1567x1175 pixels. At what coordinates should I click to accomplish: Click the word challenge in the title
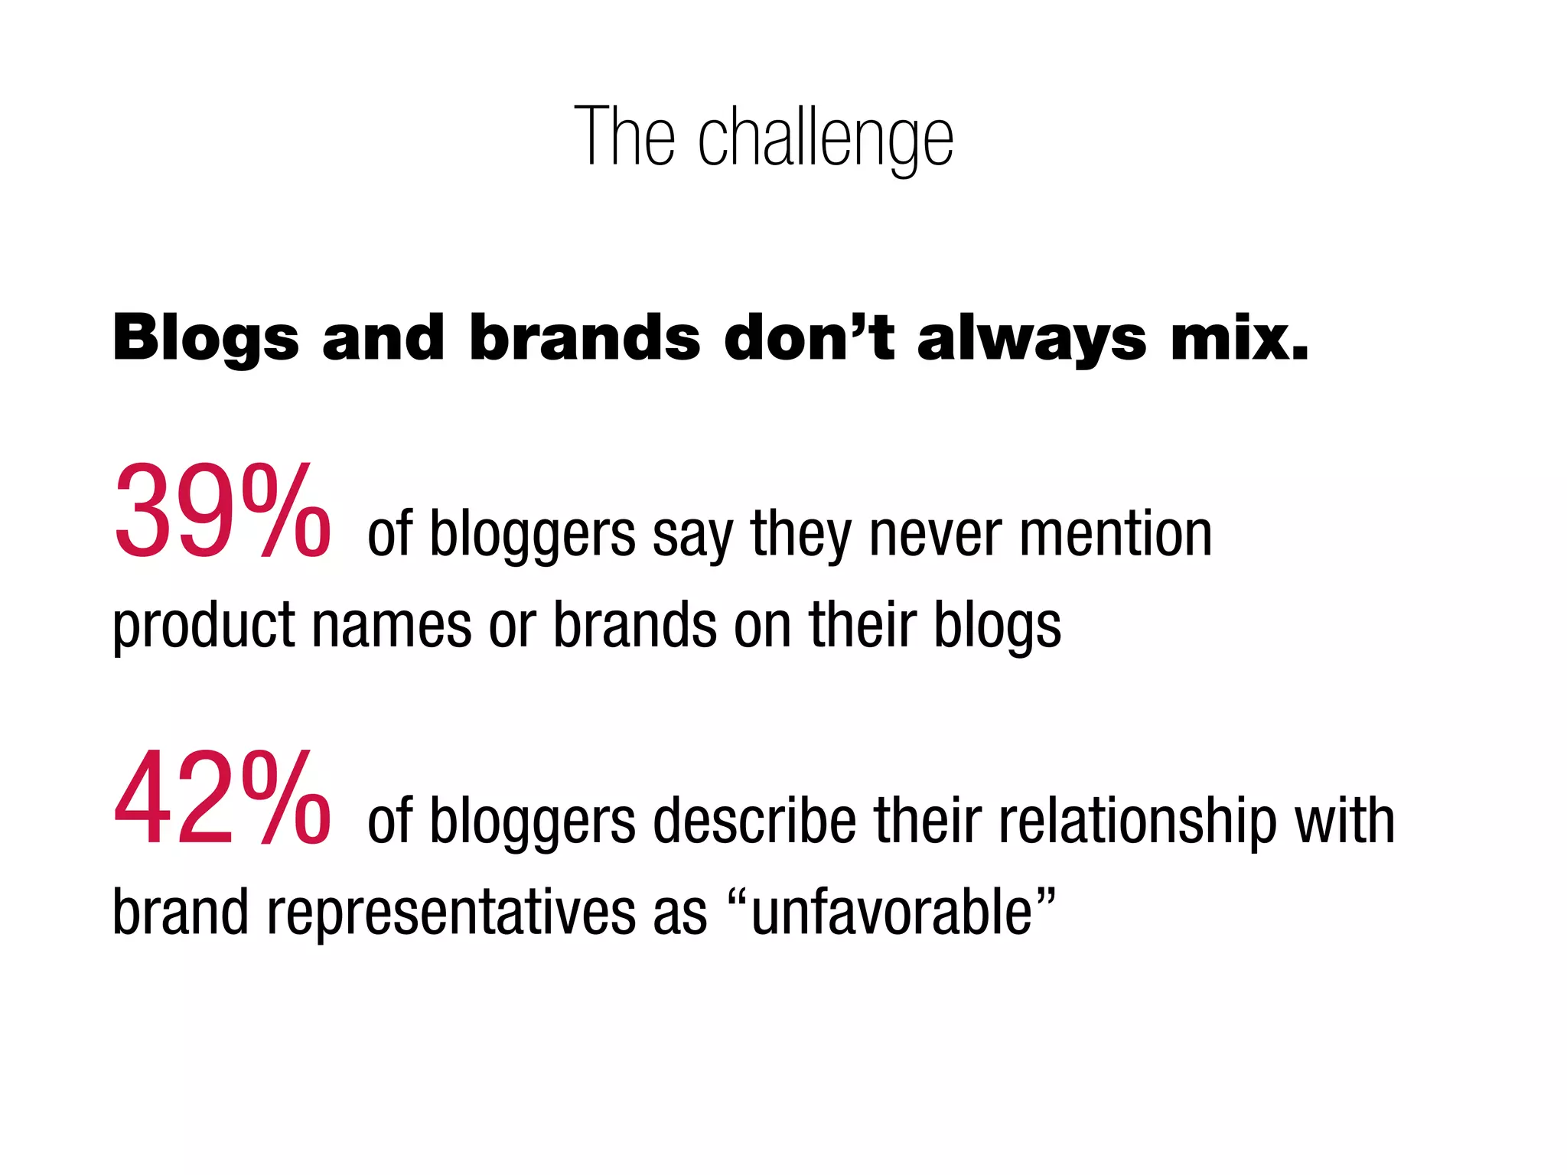point(826,138)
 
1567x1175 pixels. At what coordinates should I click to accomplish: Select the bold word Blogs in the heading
point(205,338)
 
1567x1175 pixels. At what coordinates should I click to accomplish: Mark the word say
point(692,535)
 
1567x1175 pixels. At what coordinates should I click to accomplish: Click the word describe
point(754,820)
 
